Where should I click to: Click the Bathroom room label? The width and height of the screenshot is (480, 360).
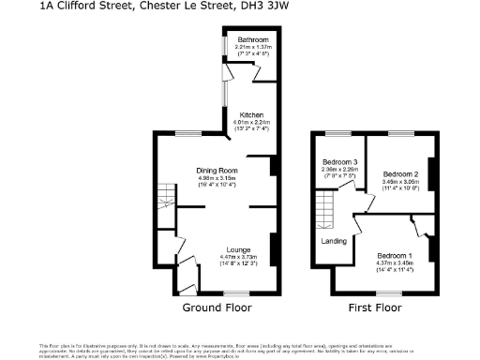click(253, 40)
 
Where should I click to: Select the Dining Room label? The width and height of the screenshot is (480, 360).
click(216, 170)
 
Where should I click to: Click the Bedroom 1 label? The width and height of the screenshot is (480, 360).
click(395, 255)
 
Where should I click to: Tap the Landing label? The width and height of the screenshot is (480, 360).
click(334, 241)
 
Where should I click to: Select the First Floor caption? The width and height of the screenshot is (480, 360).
click(374, 307)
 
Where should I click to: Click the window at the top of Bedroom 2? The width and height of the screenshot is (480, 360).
click(402, 135)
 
